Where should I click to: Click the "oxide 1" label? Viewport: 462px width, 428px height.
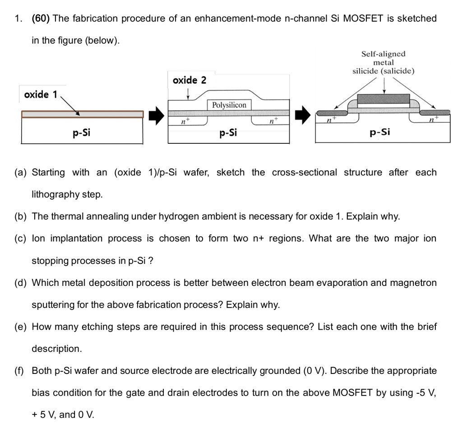pyautogui.click(x=41, y=94)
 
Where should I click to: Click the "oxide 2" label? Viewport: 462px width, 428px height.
pyautogui.click(x=189, y=80)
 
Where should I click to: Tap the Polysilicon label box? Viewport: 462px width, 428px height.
pyautogui.click(x=229, y=105)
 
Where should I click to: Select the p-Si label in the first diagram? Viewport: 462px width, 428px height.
pyautogui.click(x=82, y=133)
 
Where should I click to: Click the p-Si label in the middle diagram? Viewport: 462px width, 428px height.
pyautogui.click(x=228, y=133)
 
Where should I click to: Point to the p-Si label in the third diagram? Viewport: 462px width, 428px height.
pyautogui.click(x=379, y=132)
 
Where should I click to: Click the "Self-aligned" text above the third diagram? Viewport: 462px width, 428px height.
pyautogui.click(x=383, y=54)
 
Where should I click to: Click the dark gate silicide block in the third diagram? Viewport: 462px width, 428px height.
pyautogui.click(x=383, y=100)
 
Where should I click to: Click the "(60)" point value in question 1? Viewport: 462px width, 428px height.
pyautogui.click(x=41, y=18)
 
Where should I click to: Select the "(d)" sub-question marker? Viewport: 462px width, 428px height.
pyautogui.click(x=20, y=283)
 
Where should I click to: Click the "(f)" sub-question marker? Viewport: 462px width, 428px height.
pyautogui.click(x=20, y=371)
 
